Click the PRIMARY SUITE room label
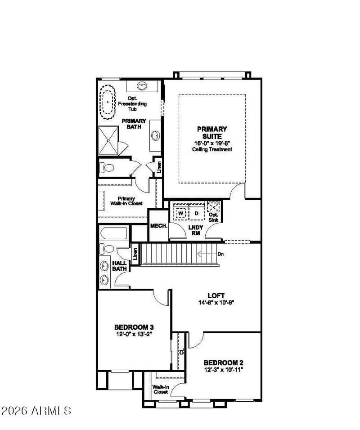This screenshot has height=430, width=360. pyautogui.click(x=212, y=132)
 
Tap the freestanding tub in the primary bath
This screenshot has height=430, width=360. pyautogui.click(x=107, y=102)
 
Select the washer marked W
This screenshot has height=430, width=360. pyautogui.click(x=180, y=213)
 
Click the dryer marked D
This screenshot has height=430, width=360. pyautogui.click(x=197, y=213)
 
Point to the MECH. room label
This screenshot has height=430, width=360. pyautogui.click(x=158, y=226)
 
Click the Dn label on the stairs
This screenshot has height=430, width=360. pyautogui.click(x=220, y=254)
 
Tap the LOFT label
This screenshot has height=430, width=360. pyautogui.click(x=216, y=296)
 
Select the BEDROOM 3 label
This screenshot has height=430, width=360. pyautogui.click(x=134, y=327)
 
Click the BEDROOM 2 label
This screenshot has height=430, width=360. pyautogui.click(x=223, y=363)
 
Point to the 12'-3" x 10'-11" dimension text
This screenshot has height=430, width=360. pyautogui.click(x=223, y=370)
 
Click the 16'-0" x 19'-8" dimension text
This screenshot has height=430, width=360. pyautogui.click(x=212, y=143)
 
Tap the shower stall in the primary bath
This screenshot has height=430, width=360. pyautogui.click(x=108, y=140)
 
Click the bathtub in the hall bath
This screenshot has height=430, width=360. pyautogui.click(x=114, y=233)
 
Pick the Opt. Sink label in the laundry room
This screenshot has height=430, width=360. pyautogui.click(x=213, y=217)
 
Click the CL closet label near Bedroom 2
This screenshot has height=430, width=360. pyautogui.click(x=181, y=352)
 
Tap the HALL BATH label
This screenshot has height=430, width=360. pyautogui.click(x=119, y=266)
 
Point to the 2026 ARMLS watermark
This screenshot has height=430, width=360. pyautogui.click(x=36, y=411)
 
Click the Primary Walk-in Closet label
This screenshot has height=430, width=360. pyautogui.click(x=126, y=201)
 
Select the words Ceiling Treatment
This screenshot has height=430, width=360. pyautogui.click(x=212, y=149)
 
